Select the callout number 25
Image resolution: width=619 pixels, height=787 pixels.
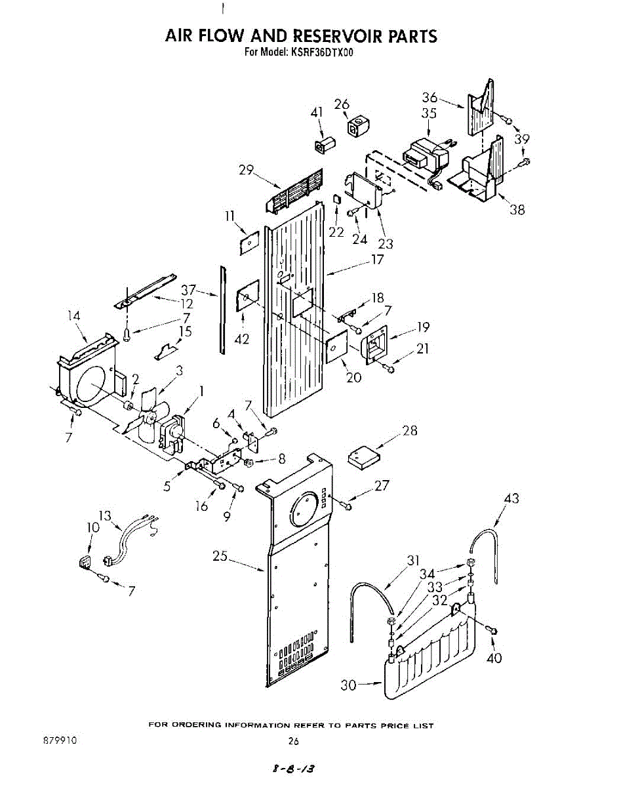(x=220, y=556)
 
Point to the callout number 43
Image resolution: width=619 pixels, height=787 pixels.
(x=511, y=499)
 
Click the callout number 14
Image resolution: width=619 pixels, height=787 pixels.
(x=73, y=316)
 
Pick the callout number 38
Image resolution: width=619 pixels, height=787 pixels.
(x=517, y=210)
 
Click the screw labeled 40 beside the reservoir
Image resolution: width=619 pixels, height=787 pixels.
(x=493, y=630)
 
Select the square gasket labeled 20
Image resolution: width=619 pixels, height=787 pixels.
(x=335, y=346)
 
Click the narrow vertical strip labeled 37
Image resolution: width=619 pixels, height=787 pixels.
(x=223, y=308)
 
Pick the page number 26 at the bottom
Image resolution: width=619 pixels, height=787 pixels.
(x=293, y=741)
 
